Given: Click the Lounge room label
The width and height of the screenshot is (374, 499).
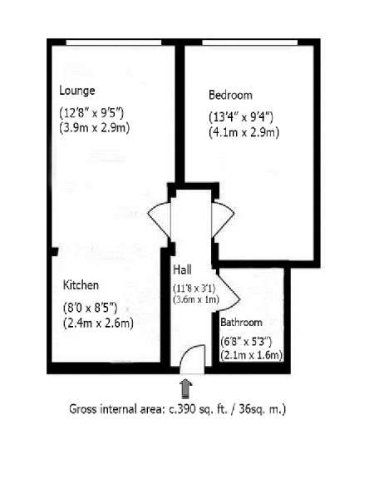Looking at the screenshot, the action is tap(77, 91).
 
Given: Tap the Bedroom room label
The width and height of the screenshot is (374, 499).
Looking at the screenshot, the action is tap(230, 95).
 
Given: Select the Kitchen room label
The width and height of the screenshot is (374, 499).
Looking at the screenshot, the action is tap(81, 284).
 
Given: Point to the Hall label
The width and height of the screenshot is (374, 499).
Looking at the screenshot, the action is tap(182, 269).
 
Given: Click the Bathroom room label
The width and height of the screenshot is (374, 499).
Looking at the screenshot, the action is tap(241, 322).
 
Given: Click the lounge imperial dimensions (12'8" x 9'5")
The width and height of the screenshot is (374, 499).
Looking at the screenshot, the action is tap(91, 113).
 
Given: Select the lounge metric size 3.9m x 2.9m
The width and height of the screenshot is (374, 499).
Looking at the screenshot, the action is tap(95, 128).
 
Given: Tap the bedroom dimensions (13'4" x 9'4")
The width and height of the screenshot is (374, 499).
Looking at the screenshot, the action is tap(241, 117).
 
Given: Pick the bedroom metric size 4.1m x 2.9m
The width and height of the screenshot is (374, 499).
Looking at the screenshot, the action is tap(244, 132).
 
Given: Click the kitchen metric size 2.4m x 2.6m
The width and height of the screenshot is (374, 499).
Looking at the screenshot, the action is tap(98, 323).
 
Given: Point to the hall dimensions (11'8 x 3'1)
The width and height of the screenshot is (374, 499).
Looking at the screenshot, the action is tap(194, 289).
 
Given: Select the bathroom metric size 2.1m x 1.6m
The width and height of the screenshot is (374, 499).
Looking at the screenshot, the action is tap(252, 355).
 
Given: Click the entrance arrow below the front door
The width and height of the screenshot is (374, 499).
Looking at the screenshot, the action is tap(185, 388).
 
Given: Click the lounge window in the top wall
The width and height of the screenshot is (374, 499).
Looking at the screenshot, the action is tap(114, 42).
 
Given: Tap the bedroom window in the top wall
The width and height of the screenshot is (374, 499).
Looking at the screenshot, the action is tap(250, 42).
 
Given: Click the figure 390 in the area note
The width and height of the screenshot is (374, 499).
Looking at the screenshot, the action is tap(185, 409).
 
